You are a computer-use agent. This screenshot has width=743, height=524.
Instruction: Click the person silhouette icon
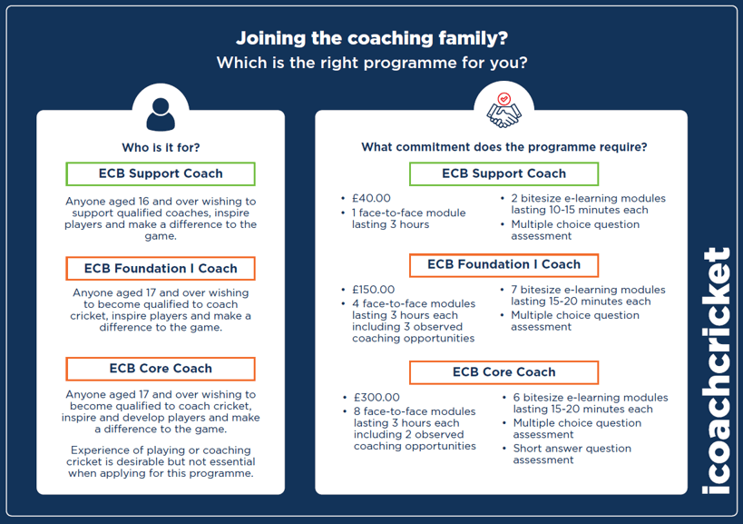[161, 113]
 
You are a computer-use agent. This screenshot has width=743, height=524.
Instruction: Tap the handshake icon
[504, 111]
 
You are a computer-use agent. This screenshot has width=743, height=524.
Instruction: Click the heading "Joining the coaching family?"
[371, 38]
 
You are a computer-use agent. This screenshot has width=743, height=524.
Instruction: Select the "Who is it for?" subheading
[161, 147]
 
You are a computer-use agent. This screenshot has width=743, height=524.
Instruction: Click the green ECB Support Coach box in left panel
[161, 173]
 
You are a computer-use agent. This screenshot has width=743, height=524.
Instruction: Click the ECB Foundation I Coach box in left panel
[161, 269]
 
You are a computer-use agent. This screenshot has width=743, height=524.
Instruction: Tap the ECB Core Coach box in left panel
[161, 369]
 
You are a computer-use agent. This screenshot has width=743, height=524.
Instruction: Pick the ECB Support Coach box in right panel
[503, 173]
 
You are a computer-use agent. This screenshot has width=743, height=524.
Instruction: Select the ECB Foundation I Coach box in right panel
[503, 265]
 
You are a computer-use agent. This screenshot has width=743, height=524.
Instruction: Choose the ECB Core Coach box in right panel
[503, 372]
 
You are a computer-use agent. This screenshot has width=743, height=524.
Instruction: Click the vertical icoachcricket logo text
[717, 371]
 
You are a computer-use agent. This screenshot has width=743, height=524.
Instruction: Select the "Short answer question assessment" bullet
[572, 454]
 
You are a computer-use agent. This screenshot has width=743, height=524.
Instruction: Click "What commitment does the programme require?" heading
[503, 147]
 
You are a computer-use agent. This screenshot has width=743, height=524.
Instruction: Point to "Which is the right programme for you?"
[371, 64]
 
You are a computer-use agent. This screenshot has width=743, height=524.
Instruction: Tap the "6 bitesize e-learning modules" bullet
[590, 403]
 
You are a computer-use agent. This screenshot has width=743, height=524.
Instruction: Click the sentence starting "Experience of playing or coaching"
[161, 461]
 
